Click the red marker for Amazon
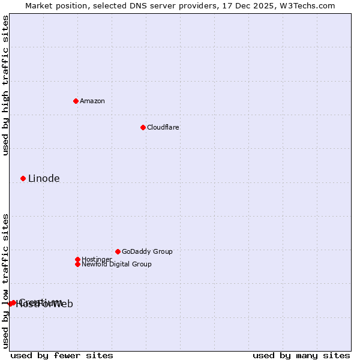[76, 101]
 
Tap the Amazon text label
[92, 101]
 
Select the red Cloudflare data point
[143, 127]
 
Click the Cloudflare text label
[163, 128]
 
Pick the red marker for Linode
[23, 178]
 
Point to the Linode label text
[44, 179]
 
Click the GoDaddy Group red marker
[118, 251]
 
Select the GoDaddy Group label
[147, 252]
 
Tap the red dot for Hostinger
[77, 259]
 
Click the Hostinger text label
[97, 260]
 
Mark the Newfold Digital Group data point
[77, 264]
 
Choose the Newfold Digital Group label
[116, 265]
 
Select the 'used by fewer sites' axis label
[62, 355]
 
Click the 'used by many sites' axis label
[301, 355]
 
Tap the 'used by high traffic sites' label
[5, 86]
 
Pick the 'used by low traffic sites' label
[5, 281]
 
